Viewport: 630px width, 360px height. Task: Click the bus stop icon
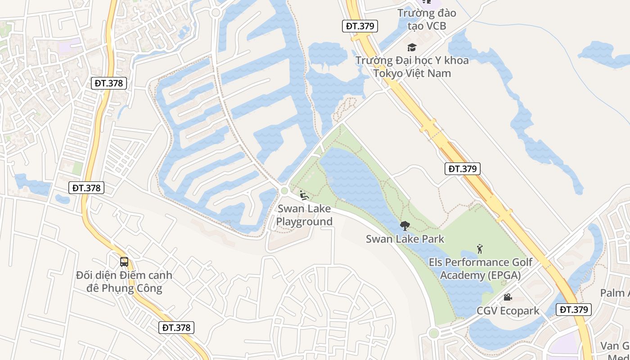(x=124, y=261)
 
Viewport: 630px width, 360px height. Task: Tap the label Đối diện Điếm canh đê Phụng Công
(x=124, y=281)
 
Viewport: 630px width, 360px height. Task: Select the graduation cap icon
(x=412, y=47)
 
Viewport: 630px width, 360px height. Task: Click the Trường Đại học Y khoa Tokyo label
(x=412, y=67)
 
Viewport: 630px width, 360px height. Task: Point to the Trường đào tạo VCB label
(x=426, y=19)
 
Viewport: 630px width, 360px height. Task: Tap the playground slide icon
(x=304, y=195)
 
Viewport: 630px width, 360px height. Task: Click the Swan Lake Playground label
(x=304, y=215)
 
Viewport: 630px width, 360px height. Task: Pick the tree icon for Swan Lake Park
(x=405, y=226)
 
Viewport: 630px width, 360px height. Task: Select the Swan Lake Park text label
(x=405, y=239)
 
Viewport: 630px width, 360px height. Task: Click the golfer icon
(x=480, y=249)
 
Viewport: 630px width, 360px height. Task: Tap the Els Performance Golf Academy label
(x=480, y=269)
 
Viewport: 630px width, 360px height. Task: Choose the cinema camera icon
(x=508, y=297)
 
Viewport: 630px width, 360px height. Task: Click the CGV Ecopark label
(x=508, y=311)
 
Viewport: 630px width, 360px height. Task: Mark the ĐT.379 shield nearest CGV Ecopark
(x=573, y=310)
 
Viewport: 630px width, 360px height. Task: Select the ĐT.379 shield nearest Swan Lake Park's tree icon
(x=463, y=169)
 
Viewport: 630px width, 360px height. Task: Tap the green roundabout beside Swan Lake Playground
(x=284, y=191)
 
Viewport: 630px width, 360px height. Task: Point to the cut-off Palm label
(x=615, y=293)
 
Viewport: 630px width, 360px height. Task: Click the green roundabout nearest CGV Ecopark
(x=434, y=333)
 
